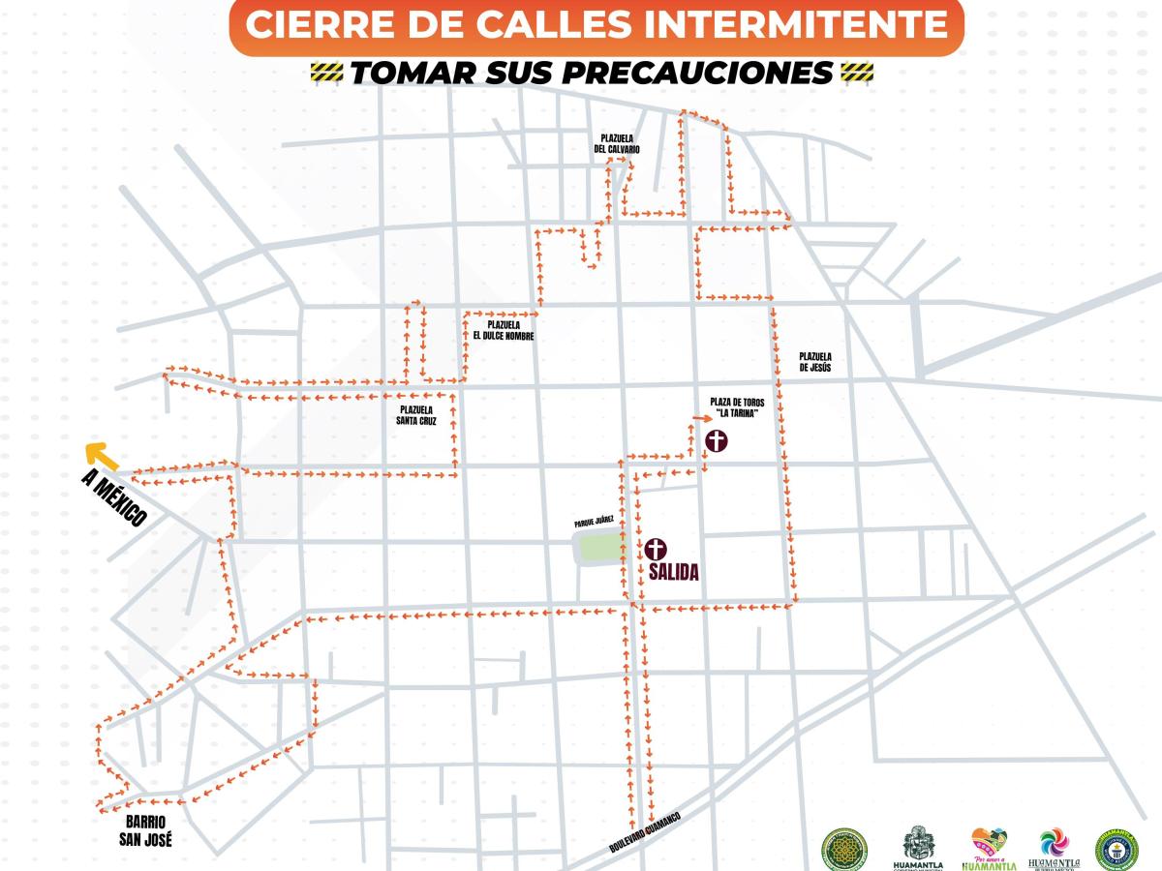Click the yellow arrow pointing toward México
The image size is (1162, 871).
pyautogui.click(x=101, y=455)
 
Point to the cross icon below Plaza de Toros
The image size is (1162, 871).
pyautogui.click(x=717, y=441)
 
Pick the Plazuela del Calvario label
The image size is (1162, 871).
pyautogui.click(x=617, y=144)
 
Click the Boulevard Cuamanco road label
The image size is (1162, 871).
pyautogui.click(x=645, y=831)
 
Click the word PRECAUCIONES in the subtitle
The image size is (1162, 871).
pyautogui.click(x=712, y=73)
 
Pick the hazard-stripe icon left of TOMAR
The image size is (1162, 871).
pyautogui.click(x=326, y=73)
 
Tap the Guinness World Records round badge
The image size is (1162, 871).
pyautogui.click(x=1116, y=848)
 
